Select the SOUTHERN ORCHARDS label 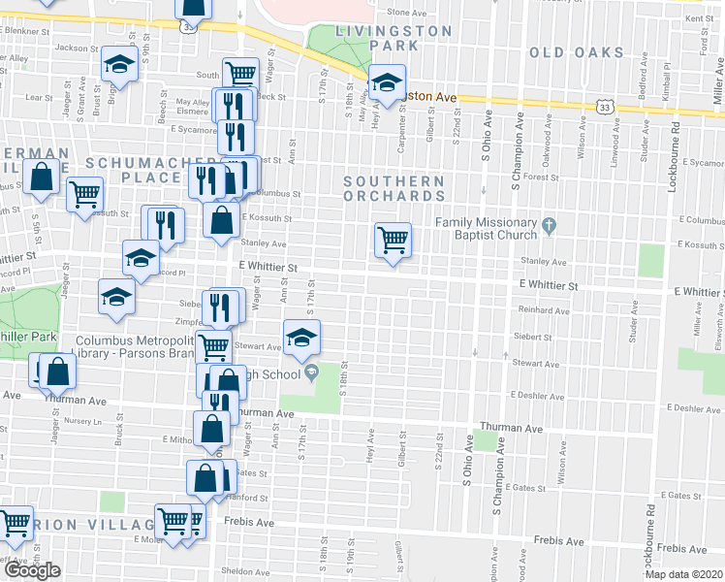point(394,188)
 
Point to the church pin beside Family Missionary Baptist point(551,228)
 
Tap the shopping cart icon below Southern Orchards point(393,239)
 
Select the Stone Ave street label point(406,13)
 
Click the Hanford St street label point(249,498)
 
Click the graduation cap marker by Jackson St point(120,63)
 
